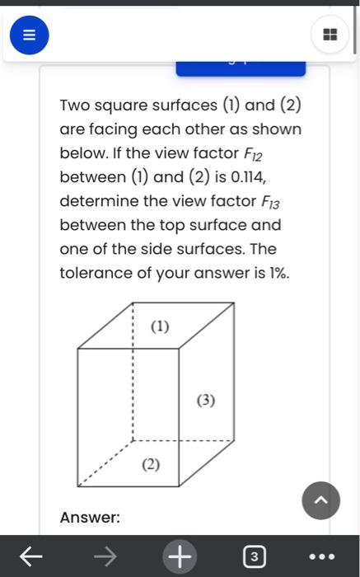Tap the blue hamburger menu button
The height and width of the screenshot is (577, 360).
click(x=29, y=35)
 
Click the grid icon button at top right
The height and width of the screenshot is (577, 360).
click(x=330, y=35)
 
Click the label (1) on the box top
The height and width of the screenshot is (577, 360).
click(x=160, y=326)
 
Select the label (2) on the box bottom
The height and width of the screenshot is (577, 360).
click(x=150, y=464)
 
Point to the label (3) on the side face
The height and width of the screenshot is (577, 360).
click(x=206, y=401)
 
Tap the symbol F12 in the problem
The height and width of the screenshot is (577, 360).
click(x=252, y=153)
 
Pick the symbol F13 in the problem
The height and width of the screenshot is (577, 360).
click(x=271, y=201)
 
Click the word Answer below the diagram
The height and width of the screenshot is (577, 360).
click(x=90, y=518)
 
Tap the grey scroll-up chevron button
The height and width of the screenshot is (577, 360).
click(x=320, y=500)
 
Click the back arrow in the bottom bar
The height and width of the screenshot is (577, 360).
click(x=30, y=557)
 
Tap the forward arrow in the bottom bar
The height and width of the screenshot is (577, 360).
click(x=105, y=557)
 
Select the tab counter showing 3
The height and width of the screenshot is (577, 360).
click(x=254, y=557)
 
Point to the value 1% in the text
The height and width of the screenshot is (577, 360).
click(x=276, y=273)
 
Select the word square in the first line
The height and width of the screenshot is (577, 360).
click(x=130, y=106)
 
